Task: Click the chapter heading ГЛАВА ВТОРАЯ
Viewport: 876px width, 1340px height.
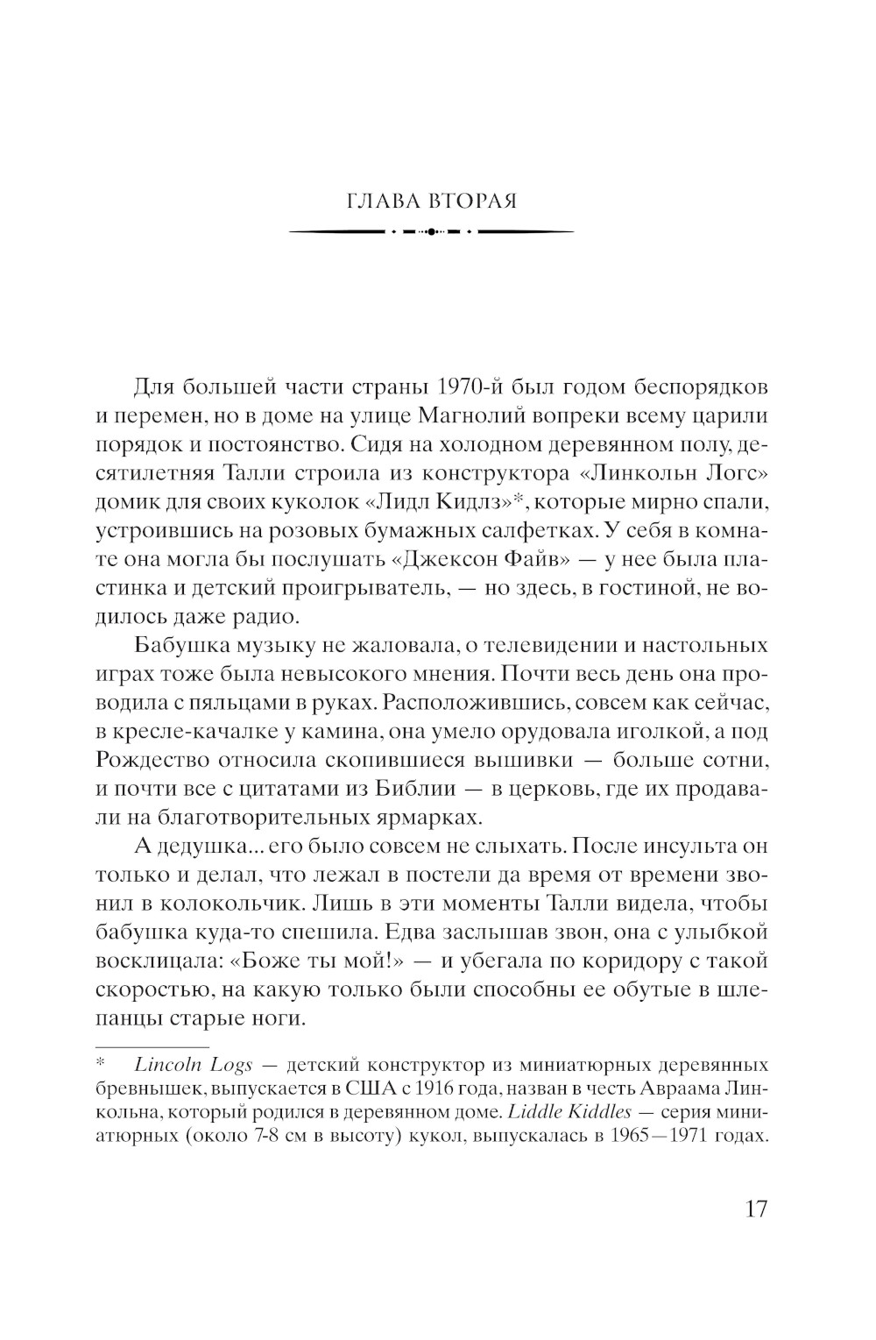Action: (x=432, y=201)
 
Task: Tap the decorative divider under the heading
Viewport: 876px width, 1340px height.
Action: (x=432, y=231)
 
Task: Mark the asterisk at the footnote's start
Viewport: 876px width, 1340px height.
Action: (x=100, y=1064)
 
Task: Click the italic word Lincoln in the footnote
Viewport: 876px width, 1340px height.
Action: (x=166, y=1065)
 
